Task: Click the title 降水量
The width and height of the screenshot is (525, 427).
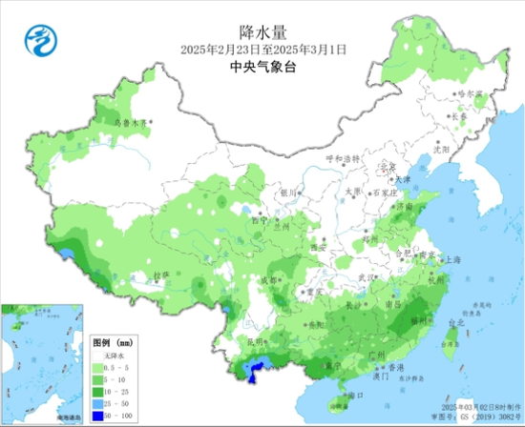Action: click(x=262, y=30)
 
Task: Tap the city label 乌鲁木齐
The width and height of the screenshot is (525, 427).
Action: click(x=132, y=123)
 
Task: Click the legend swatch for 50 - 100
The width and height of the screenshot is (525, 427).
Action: click(x=98, y=415)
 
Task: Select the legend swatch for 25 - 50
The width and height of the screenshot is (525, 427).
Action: click(x=98, y=402)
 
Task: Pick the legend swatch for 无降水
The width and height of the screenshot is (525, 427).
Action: click(x=98, y=355)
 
